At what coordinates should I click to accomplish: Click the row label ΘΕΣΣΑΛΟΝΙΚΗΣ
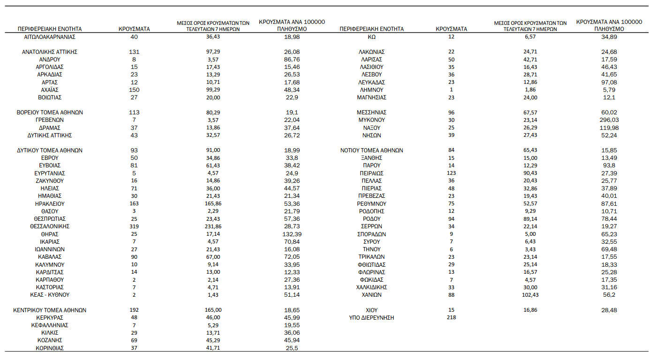[49, 226]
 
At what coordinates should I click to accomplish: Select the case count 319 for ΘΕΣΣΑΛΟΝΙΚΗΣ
[134, 226]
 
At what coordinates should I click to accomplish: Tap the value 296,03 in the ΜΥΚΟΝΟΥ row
[609, 120]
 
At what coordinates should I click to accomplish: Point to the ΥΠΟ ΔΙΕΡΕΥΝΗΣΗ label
[371, 318]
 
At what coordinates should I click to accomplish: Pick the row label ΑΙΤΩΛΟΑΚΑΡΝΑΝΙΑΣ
[49, 37]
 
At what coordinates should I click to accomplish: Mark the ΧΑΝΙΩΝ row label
[371, 295]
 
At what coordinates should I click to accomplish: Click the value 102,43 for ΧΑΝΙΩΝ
[530, 295]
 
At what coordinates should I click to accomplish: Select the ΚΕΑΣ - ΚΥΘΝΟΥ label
[49, 295]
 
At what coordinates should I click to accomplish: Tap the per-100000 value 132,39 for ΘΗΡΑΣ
[289, 234]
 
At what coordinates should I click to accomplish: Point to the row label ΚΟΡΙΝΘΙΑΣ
[49, 348]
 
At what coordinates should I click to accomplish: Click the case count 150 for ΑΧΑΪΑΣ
[134, 90]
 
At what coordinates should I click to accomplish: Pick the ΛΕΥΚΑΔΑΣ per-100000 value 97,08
[609, 82]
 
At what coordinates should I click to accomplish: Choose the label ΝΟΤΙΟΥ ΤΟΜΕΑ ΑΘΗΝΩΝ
[371, 150]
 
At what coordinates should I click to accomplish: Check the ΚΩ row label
[371, 37]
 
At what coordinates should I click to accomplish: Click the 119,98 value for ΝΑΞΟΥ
[609, 127]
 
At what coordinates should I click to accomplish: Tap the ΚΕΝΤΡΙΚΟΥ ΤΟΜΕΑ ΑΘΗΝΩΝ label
[49, 310]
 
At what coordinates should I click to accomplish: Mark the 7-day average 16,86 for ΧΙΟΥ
[530, 310]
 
